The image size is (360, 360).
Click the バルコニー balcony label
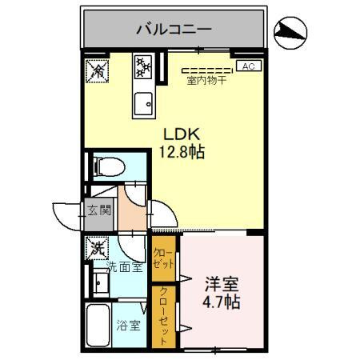(x=173, y=30)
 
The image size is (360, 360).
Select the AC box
(x=247, y=67)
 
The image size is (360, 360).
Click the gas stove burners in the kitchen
(x=145, y=67)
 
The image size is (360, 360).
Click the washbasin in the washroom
(x=99, y=283)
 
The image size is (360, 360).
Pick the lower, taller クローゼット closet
(x=163, y=315)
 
